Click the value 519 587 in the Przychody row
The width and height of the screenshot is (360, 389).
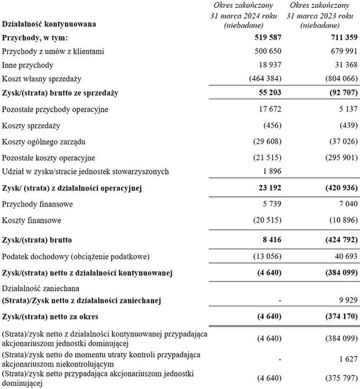coord(266,37)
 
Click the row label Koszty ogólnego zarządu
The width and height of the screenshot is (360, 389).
coord(44,141)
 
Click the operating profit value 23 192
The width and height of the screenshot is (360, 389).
coord(268,188)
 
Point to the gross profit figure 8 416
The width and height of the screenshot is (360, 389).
coord(270,240)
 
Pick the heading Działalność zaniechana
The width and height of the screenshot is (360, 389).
coord(40,287)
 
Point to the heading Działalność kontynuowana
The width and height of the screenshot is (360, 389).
coord(49,24)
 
